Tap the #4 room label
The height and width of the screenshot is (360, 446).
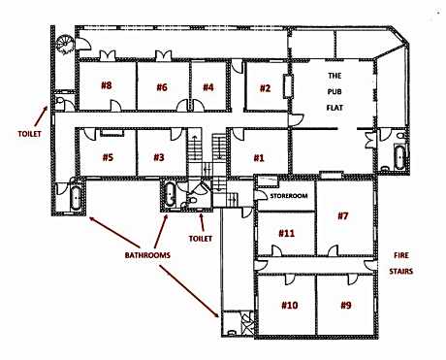coord(207,87)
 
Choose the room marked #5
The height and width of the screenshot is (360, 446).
coord(107,156)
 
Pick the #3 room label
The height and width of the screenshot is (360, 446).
coord(158,156)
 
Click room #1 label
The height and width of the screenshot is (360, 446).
coord(259,156)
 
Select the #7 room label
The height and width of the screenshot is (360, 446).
coord(342,215)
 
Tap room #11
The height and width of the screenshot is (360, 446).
coord(286,233)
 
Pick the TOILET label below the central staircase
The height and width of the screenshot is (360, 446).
coord(202,235)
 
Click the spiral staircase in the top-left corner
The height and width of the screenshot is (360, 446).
coord(64,42)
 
